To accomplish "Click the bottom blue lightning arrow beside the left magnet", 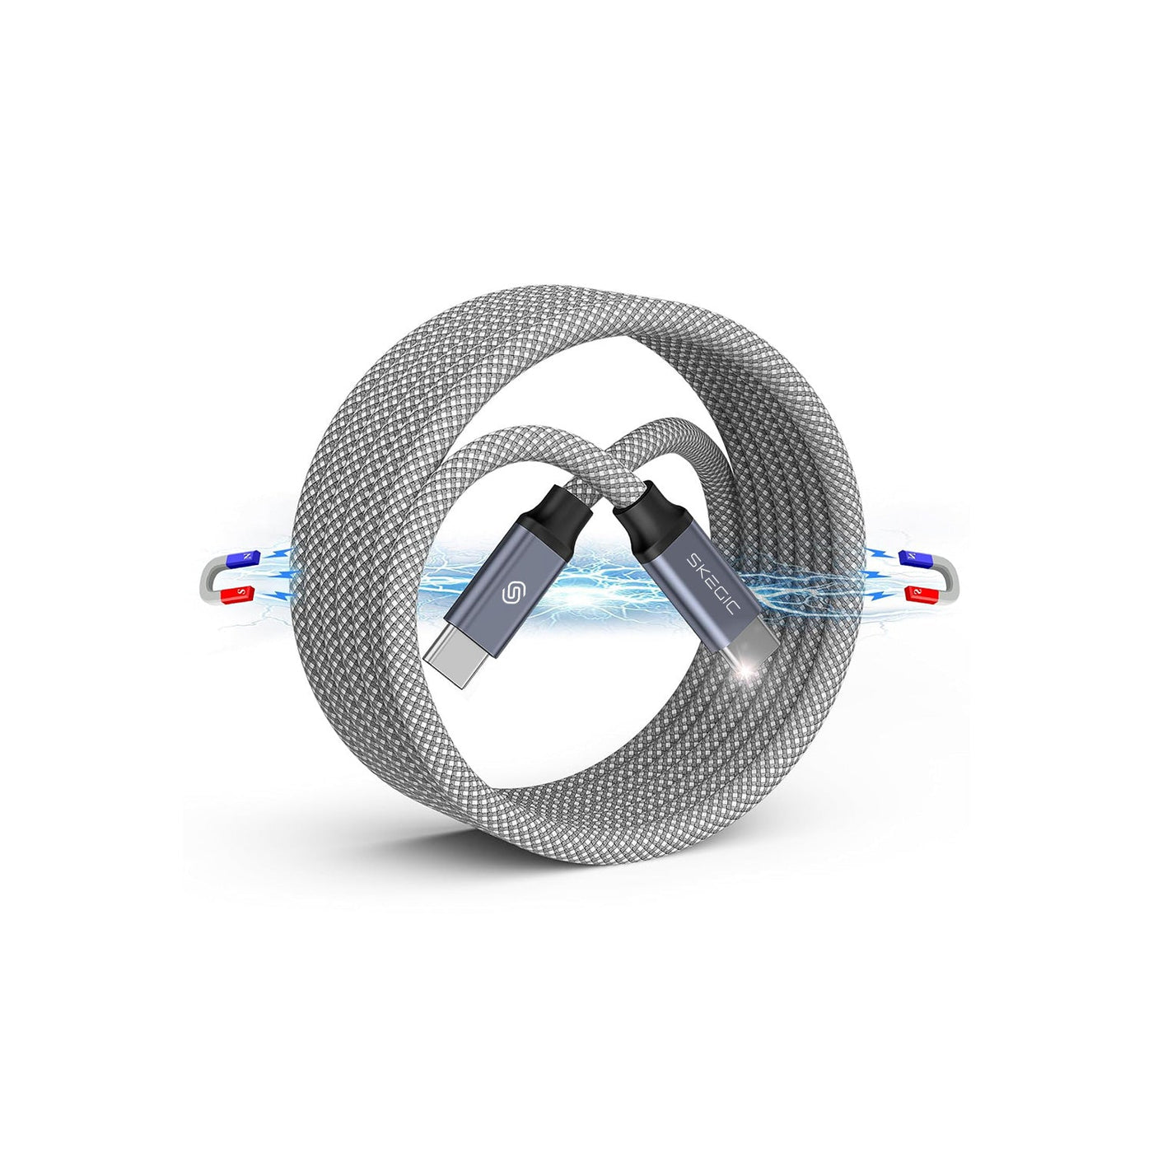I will click(x=280, y=595).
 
